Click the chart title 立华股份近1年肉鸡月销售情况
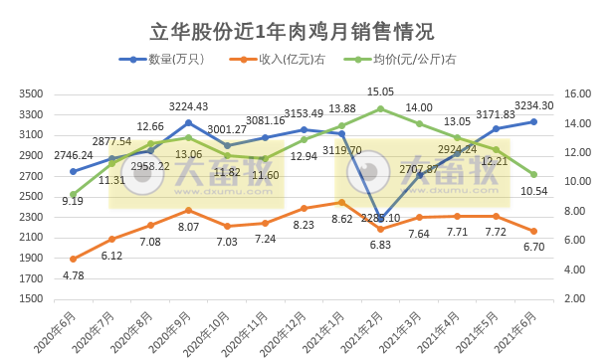point(306,31)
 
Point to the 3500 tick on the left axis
point(30,93)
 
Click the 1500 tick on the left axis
point(30,298)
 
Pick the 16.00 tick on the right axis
point(582,93)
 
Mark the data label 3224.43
point(188,107)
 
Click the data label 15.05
point(380,91)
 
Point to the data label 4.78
point(73,275)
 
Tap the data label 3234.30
point(535,105)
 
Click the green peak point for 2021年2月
point(380,108)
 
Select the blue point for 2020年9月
point(188,122)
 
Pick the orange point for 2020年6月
point(73,259)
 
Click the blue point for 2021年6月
point(533,121)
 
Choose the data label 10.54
point(535,190)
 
